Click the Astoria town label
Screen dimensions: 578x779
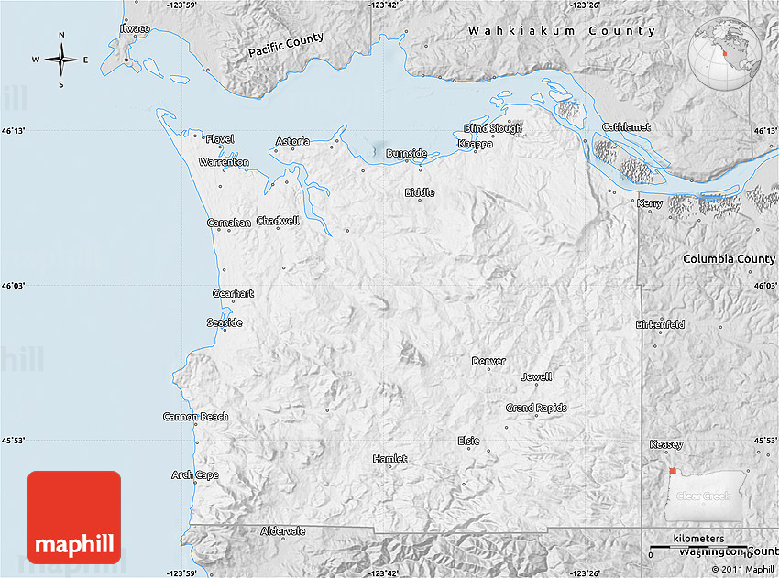coord(293,141)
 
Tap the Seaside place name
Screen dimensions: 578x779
coord(225,322)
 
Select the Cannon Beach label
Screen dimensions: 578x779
coord(195,417)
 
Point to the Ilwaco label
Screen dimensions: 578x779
coord(135,28)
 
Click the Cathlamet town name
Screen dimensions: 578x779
coord(626,127)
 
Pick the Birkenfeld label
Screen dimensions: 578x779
coord(660,324)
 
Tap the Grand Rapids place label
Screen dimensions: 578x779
coord(536,408)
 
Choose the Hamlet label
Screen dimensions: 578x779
coord(389,458)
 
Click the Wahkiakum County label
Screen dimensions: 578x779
coord(562,31)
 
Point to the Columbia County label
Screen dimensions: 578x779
coord(729,259)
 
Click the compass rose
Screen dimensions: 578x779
coord(61,60)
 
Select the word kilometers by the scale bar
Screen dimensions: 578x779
coord(697,539)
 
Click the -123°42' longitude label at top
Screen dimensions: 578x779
coord(385,5)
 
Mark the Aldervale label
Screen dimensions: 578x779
coord(283,531)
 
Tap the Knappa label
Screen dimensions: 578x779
coord(476,144)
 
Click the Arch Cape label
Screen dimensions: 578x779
coord(194,474)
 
